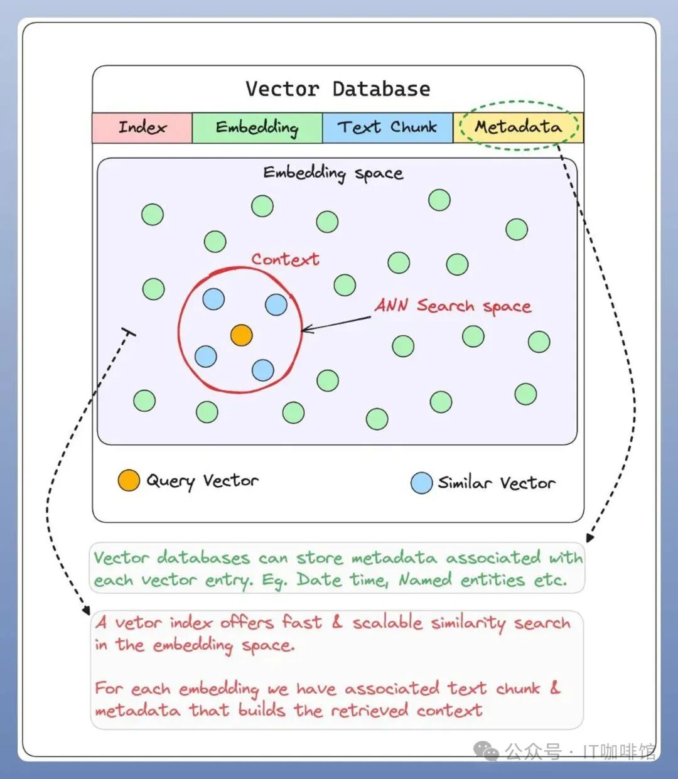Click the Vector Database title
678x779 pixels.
338,89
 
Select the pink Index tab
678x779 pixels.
142,127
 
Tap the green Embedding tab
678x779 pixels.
257,127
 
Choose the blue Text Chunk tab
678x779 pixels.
387,127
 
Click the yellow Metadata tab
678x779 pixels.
518,127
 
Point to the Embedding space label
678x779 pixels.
333,174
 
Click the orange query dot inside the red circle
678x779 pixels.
241,335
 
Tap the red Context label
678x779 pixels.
285,260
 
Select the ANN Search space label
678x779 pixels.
453,306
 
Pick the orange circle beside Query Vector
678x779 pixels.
129,480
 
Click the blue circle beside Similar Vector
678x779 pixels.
421,483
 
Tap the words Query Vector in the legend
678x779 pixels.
202,481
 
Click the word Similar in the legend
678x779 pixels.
465,483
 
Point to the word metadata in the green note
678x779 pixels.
394,558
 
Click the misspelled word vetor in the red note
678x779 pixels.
139,623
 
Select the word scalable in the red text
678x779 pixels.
387,623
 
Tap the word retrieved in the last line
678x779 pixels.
369,710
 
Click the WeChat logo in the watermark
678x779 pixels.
486,751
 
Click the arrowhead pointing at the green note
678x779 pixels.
589,537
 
